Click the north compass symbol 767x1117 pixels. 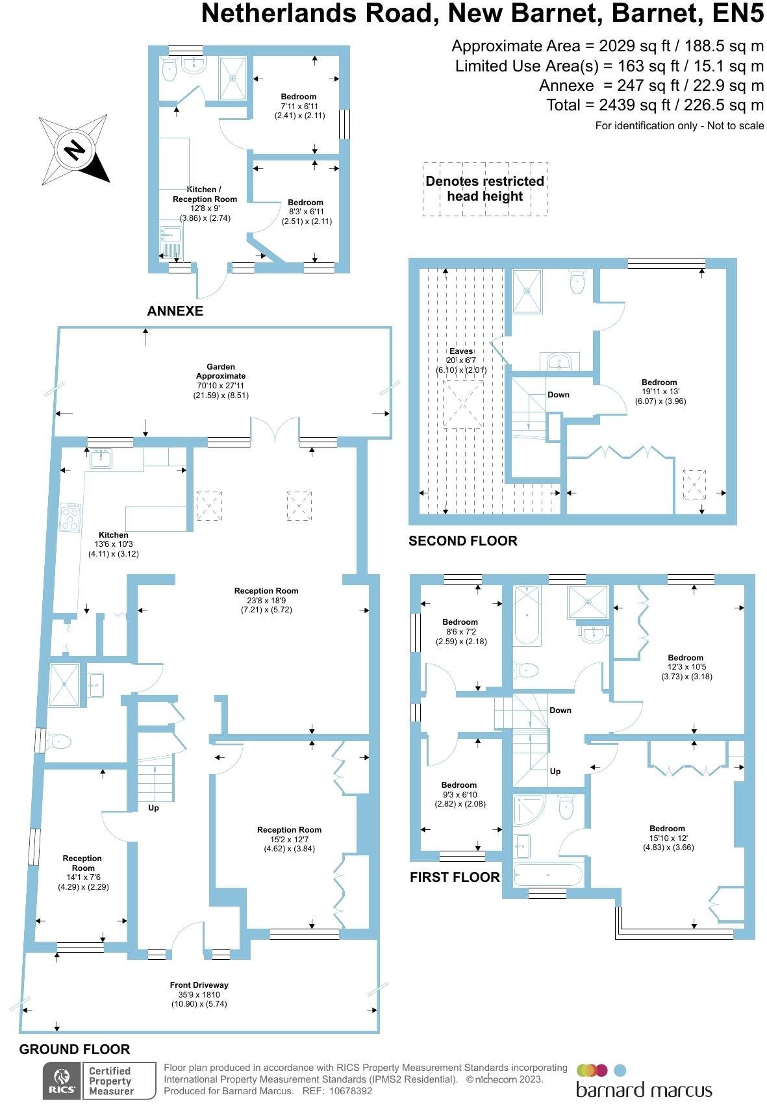73,150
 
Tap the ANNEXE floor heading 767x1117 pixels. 175,311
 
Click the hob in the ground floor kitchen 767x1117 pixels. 71,518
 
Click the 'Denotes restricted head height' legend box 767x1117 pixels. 485,189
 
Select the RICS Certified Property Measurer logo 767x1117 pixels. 99,1081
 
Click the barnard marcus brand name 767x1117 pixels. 644,1090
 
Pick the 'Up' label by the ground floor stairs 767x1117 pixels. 153,808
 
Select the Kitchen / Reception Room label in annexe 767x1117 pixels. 205,194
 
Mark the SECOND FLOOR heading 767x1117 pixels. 462,541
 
